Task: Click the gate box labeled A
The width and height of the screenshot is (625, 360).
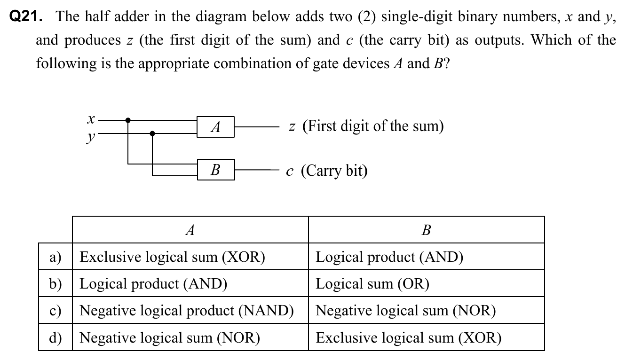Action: [x=215, y=127]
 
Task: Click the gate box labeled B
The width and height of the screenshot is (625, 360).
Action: [x=215, y=169]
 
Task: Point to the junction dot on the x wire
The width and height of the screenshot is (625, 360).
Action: [x=128, y=120]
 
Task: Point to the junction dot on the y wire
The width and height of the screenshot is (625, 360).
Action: [x=152, y=133]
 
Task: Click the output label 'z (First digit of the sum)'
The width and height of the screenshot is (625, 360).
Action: [x=366, y=126]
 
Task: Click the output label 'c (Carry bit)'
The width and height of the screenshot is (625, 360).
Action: [x=327, y=170]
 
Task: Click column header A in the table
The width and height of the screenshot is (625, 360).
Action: [x=190, y=230]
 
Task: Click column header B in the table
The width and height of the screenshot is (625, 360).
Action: [x=426, y=230]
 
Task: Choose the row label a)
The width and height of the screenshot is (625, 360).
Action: [x=55, y=257]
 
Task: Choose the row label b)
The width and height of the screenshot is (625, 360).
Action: [x=55, y=283]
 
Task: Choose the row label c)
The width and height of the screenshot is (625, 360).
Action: [x=55, y=311]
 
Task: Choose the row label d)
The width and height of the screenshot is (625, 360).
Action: [x=55, y=337]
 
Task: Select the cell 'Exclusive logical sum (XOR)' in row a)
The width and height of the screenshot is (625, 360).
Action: [x=173, y=257]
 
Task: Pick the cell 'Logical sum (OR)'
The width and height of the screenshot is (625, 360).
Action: [x=372, y=283]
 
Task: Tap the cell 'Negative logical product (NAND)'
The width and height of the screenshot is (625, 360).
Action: [x=187, y=311]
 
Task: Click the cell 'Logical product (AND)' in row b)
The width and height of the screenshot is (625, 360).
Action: [x=153, y=283]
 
